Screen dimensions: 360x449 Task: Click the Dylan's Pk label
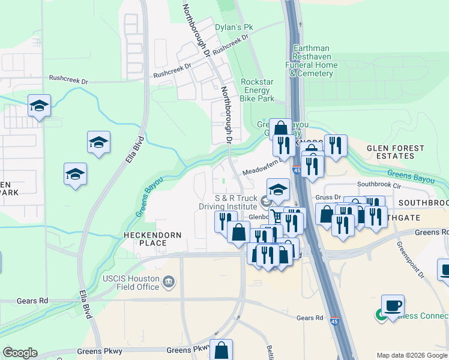coord(235,28)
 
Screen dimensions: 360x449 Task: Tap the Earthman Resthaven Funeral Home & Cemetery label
coord(312,61)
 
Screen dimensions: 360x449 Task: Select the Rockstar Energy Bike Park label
coord(257,90)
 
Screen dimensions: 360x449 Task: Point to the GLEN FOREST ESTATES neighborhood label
coord(395,152)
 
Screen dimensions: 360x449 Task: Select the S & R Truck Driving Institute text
coord(228,202)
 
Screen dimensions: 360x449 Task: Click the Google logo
coord(20,353)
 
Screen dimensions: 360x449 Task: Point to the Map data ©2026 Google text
coord(411,355)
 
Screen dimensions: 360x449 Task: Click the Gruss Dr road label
coord(329,197)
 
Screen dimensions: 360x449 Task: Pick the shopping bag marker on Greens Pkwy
coord(221,350)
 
